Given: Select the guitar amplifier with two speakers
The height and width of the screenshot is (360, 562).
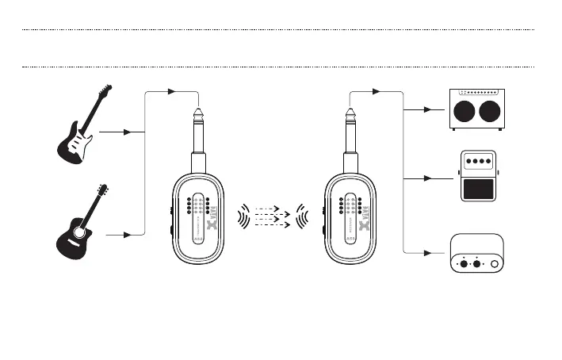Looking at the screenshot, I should [475, 109].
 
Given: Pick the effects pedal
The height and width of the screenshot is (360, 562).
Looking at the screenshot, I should [476, 177].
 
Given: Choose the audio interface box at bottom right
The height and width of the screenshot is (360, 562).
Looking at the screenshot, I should [476, 254].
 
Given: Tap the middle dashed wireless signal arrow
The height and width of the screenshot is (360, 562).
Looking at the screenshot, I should [273, 215].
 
